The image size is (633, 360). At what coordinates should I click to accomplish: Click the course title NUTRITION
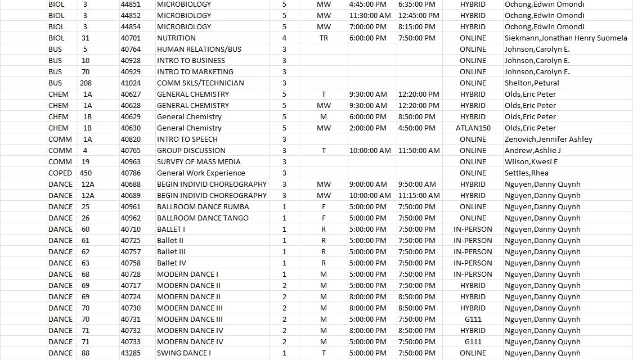[x=176, y=38]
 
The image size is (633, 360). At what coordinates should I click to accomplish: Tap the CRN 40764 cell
[x=131, y=49]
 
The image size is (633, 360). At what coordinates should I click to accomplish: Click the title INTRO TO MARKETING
[x=195, y=71]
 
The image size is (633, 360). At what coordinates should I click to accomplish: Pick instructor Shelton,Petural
[x=532, y=83]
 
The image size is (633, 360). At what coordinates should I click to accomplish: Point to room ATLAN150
[x=473, y=128]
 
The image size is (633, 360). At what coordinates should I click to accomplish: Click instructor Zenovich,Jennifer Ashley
[x=548, y=139]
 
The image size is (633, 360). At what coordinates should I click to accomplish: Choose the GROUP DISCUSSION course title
[x=191, y=150]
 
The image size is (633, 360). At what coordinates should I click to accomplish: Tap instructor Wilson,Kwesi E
[x=531, y=161]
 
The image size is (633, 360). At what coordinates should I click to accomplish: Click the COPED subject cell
[x=60, y=173]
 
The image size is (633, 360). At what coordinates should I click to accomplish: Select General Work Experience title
[x=201, y=173]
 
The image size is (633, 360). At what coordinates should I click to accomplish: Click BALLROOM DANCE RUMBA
[x=203, y=206]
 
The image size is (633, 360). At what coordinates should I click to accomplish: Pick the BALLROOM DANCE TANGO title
[x=203, y=218]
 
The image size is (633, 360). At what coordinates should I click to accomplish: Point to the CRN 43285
[x=131, y=353]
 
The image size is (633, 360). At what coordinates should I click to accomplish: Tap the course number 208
[x=86, y=83]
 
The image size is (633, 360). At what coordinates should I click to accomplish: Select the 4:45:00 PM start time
[x=367, y=4]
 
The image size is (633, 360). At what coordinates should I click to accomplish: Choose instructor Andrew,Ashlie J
[x=532, y=150]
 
